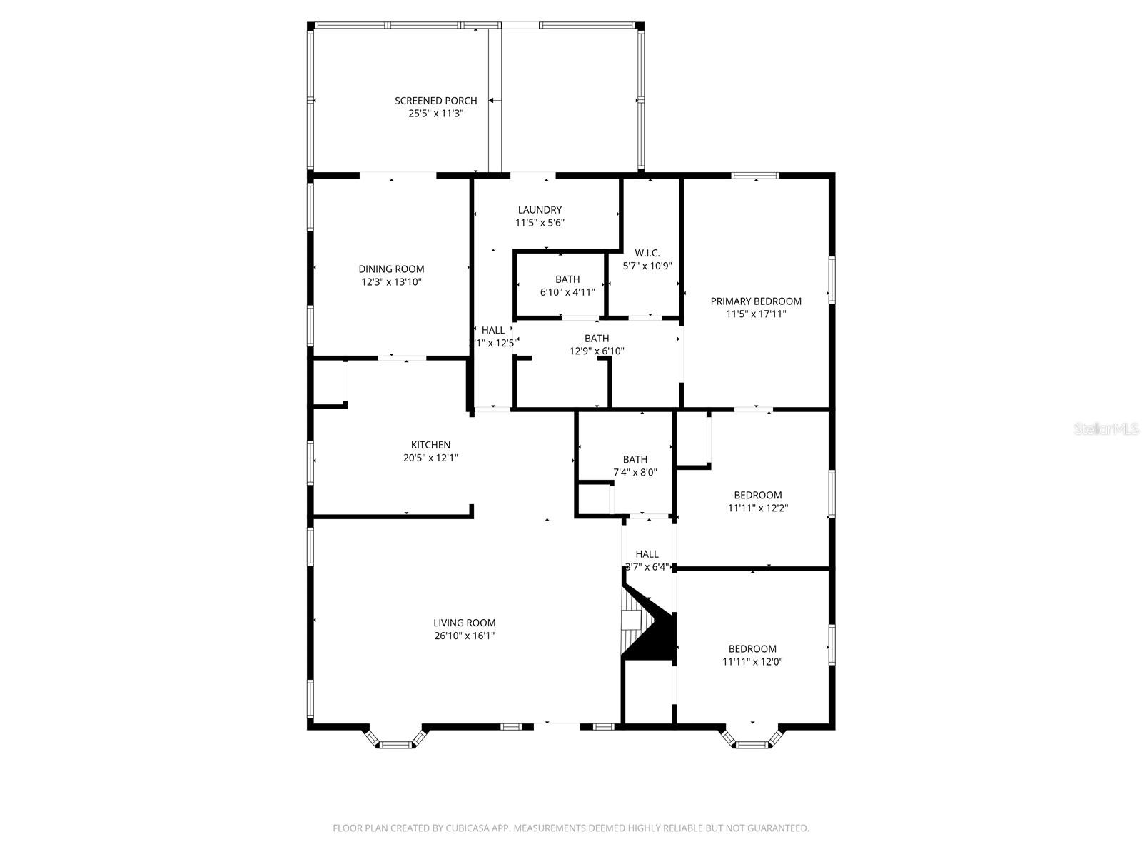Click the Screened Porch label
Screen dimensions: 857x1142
[435, 101]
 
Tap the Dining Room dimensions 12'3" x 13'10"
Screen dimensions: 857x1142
[391, 282]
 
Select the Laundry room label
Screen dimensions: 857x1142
[540, 210]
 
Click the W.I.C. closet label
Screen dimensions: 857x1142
[647, 253]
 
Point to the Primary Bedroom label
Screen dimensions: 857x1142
[755, 301]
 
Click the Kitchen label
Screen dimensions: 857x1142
[430, 445]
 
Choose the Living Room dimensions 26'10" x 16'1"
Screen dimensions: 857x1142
[464, 636]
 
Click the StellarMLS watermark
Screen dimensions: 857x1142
[1106, 429]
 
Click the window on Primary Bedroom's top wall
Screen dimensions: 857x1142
[754, 176]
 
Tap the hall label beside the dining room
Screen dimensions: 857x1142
[492, 330]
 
